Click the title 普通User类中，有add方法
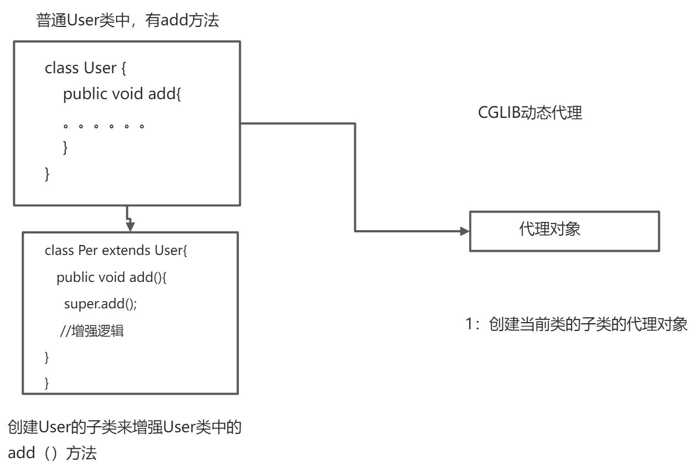(127, 21)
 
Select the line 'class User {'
(86, 68)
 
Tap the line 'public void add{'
(122, 94)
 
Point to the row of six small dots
(104, 126)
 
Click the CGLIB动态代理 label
(530, 113)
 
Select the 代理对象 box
(564, 231)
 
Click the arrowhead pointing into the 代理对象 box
(465, 231)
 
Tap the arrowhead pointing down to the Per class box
(131, 226)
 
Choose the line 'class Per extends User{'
(116, 251)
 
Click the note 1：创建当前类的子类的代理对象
(577, 324)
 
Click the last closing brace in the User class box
(47, 174)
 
